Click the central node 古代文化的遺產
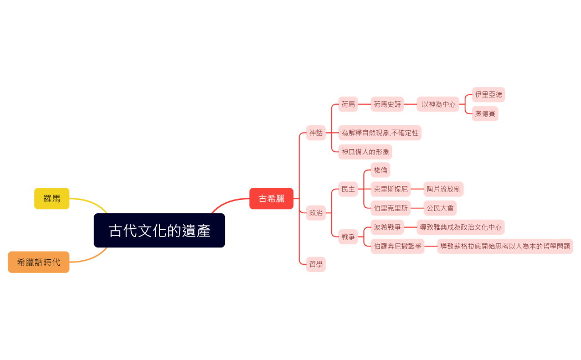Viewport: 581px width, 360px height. [160, 230]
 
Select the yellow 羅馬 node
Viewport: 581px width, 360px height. [52, 198]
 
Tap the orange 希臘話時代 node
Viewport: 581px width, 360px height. [39, 262]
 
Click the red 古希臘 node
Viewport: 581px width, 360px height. [271, 198]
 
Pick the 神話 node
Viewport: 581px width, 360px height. [316, 133]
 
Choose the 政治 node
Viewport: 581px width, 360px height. [316, 213]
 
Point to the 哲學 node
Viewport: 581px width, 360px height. [316, 265]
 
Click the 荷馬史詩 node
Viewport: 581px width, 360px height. [387, 104]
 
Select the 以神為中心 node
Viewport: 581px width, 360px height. [438, 104]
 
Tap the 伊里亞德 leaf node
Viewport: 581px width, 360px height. [489, 95]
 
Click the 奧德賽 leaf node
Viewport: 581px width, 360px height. [485, 114]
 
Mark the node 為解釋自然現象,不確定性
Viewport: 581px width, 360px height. [380, 133]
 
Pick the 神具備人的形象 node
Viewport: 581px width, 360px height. [365, 152]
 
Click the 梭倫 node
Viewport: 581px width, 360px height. [381, 170]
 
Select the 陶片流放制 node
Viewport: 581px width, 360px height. [444, 189]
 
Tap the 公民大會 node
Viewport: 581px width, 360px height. [440, 208]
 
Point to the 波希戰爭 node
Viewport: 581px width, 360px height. [387, 227]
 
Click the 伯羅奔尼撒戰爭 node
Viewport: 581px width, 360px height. [398, 246]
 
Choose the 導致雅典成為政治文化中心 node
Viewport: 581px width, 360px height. [461, 227]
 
